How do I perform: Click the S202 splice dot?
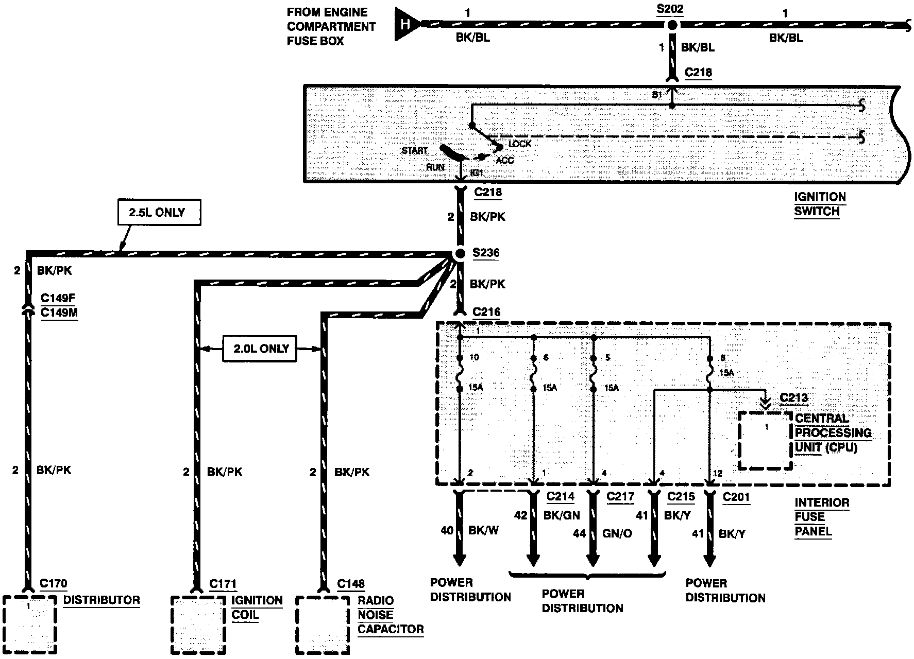click(x=671, y=25)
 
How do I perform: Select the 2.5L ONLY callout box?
click(x=159, y=213)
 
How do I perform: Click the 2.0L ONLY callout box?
click(x=260, y=349)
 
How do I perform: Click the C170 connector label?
click(x=54, y=583)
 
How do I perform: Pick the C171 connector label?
click(x=223, y=584)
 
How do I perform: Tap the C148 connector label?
click(x=351, y=584)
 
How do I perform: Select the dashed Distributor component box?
click(x=29, y=625)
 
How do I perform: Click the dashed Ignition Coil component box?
click(x=198, y=625)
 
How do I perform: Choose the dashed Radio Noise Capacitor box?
click(x=324, y=625)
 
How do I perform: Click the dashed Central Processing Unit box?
click(x=765, y=440)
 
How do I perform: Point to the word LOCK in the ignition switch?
click(x=519, y=144)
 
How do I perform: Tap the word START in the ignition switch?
click(x=415, y=151)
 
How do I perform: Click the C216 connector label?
click(x=486, y=312)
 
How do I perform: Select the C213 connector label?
click(x=794, y=398)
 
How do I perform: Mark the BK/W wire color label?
click(x=483, y=530)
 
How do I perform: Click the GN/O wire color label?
click(x=617, y=533)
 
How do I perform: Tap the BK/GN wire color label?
click(x=562, y=515)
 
